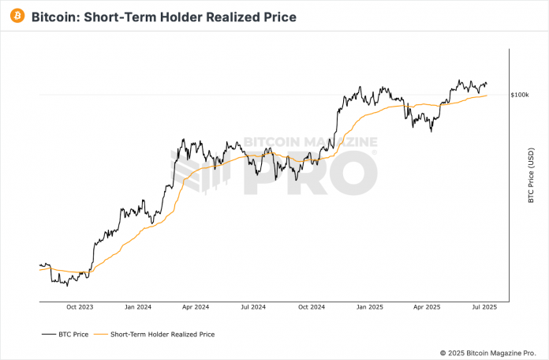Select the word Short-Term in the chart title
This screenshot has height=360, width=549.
pos(120,17)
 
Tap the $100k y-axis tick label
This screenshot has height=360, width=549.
pos(520,95)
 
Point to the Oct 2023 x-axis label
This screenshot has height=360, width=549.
pos(80,306)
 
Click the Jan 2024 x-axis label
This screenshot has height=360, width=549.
pos(137,306)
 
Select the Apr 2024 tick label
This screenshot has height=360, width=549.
pos(195,306)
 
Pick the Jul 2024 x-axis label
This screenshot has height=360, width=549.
pos(253,306)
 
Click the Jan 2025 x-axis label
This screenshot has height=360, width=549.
pos(368,306)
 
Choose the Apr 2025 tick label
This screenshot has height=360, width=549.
pos(427,306)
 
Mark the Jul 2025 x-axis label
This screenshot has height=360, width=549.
pos(484,306)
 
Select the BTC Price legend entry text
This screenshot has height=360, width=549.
pos(73,334)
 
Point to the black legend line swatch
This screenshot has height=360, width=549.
pos(47,334)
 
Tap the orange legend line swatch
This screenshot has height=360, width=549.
pos(99,334)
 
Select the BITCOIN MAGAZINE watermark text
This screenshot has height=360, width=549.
pos(309,143)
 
